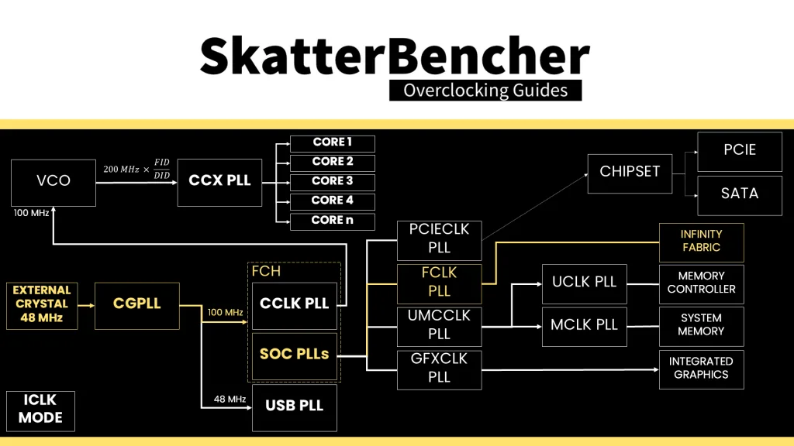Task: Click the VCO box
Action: [54, 182]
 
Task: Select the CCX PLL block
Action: [219, 182]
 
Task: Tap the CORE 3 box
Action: [332, 182]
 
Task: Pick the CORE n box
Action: [332, 221]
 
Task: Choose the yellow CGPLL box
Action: [137, 305]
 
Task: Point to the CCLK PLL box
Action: [295, 305]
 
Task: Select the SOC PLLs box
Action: [295, 355]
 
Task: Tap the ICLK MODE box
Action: [40, 410]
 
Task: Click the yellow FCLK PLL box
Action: [439, 283]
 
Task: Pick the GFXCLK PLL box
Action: [439, 369]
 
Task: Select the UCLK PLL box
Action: [584, 283]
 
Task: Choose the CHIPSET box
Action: [630, 173]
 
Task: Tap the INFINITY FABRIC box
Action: [701, 242]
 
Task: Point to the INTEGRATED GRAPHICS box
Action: [701, 369]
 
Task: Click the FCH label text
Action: [266, 272]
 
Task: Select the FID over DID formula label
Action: [136, 169]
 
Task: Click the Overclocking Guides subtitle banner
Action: [485, 91]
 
